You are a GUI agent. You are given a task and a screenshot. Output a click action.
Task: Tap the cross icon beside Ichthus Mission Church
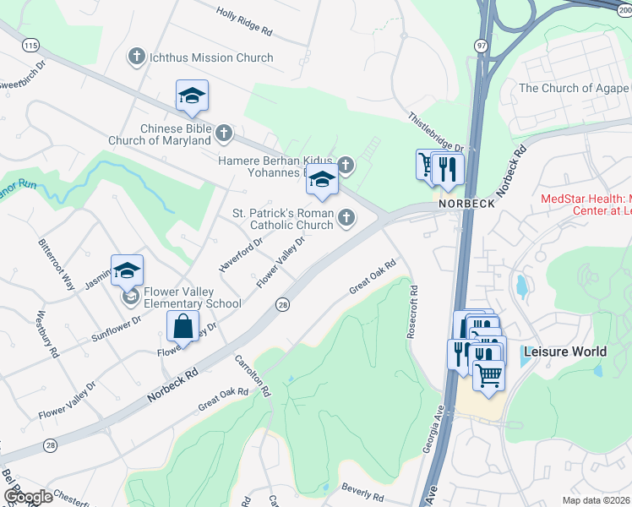point(136,57)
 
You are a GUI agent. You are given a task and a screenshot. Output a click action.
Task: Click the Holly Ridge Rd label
point(244,23)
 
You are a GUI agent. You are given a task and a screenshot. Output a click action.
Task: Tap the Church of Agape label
point(573,88)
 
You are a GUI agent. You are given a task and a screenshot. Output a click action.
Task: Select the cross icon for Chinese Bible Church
point(224,133)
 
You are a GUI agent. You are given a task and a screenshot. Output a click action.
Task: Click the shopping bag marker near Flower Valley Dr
point(183,326)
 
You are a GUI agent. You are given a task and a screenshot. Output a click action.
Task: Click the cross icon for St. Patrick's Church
point(345,219)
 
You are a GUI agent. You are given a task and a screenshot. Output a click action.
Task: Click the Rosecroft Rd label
point(413,313)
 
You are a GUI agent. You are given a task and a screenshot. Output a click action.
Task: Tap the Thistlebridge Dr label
point(436,131)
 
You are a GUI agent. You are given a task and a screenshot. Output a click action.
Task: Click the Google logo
point(28,497)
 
